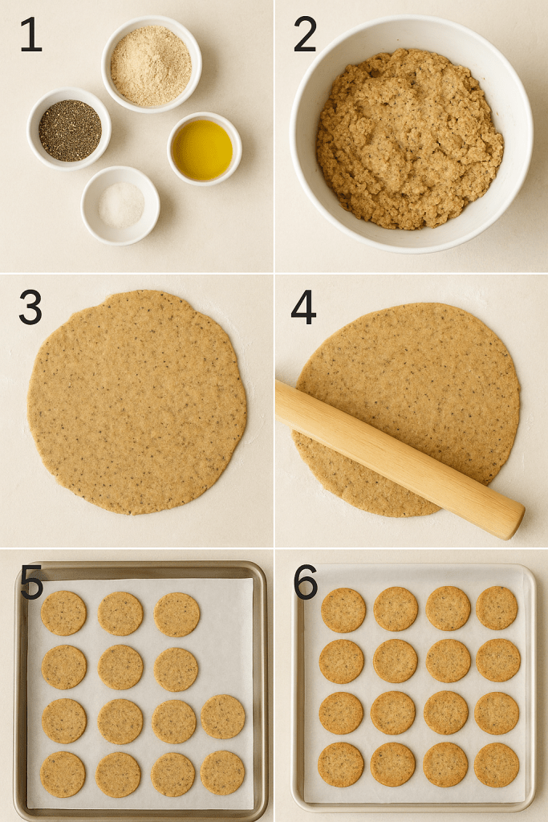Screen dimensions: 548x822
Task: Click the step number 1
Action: coord(30,35)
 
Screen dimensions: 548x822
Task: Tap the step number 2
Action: coord(305,35)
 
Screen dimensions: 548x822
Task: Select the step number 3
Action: coord(30,307)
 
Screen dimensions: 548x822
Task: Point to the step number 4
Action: coord(303,307)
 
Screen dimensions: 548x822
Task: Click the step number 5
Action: coord(31,582)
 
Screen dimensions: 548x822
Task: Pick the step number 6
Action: coord(306,582)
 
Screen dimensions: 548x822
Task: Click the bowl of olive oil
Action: coord(205,149)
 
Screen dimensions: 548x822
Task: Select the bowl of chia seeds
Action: coord(69,129)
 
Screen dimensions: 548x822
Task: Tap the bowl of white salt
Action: coord(120,205)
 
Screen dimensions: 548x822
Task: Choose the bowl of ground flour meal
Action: coord(152,64)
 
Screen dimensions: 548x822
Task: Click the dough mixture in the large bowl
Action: coord(410,138)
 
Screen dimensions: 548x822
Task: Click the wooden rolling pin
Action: coord(400,459)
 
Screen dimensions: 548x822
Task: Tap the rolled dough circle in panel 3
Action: coord(137,402)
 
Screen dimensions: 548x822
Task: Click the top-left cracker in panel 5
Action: coord(63,612)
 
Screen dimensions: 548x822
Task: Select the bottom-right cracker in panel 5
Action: coord(223,773)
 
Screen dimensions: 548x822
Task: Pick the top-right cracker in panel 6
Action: coord(497,608)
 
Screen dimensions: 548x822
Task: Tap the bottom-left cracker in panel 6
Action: coord(341,764)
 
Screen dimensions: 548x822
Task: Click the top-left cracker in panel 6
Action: coord(343,610)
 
